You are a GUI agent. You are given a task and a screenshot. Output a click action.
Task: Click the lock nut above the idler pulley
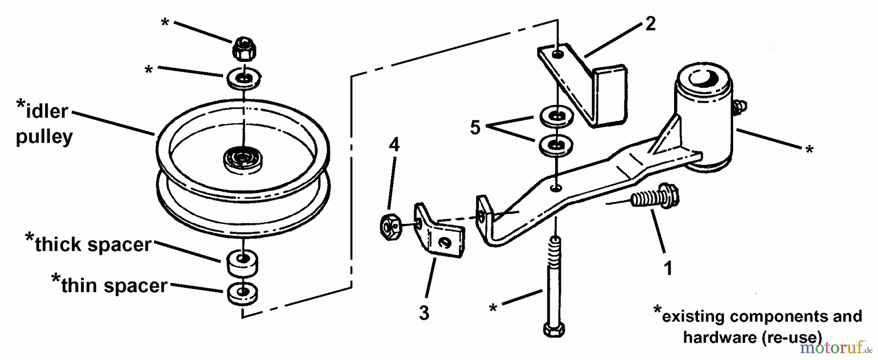[x=243, y=48]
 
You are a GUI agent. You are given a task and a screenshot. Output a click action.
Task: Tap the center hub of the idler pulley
[x=242, y=159]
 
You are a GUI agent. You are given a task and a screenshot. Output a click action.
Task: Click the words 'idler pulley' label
[x=44, y=123]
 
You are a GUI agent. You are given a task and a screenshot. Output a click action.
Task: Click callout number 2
[x=650, y=23]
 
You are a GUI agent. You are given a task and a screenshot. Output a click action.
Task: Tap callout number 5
[x=475, y=128]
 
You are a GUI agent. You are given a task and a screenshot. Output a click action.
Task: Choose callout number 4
[x=394, y=144]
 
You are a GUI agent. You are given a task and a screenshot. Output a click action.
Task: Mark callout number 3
[x=424, y=313]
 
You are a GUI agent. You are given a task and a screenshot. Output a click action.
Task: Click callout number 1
[x=668, y=268]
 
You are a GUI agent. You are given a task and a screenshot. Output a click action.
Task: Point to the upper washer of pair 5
[x=556, y=116]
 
